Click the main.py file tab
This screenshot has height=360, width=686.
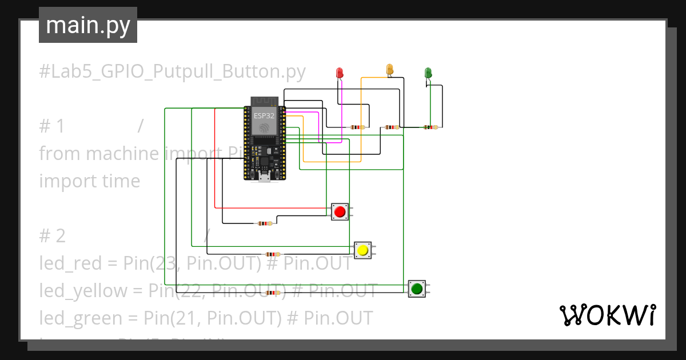(x=87, y=25)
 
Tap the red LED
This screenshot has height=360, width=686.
(x=340, y=73)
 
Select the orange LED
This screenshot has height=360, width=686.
(x=390, y=69)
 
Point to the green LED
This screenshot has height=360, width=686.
(x=428, y=73)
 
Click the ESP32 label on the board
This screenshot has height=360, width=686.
(x=264, y=115)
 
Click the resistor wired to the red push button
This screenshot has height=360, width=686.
(x=265, y=223)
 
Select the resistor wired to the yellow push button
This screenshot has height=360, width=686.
(x=273, y=254)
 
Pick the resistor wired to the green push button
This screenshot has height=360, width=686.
(x=274, y=293)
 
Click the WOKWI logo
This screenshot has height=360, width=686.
(x=607, y=315)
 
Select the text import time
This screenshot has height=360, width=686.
(x=90, y=181)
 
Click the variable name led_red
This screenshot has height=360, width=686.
(x=71, y=263)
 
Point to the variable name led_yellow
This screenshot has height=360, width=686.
(x=83, y=291)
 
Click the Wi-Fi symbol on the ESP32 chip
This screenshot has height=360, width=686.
(x=264, y=128)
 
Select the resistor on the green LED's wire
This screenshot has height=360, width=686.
(x=429, y=127)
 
